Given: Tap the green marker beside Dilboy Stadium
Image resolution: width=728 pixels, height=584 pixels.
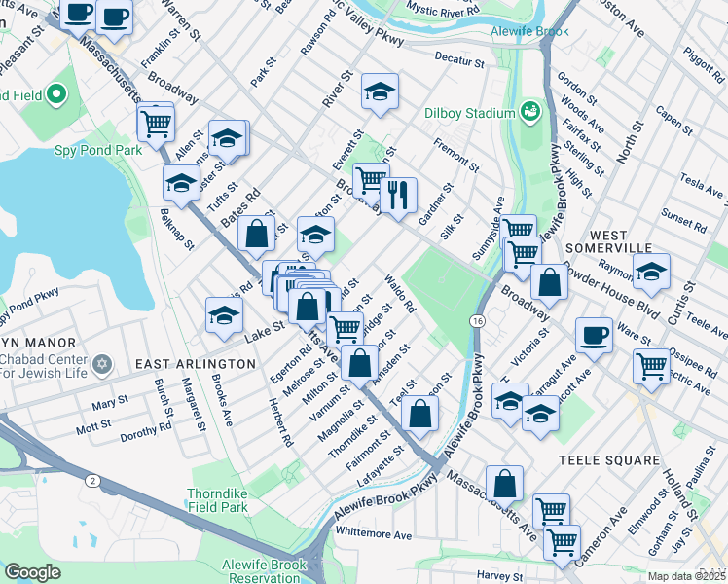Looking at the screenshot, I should click(x=530, y=112).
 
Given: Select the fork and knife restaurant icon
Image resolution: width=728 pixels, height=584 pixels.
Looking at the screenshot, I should click(x=397, y=196).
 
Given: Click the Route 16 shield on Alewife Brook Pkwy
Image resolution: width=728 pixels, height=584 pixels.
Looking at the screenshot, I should click(x=477, y=320).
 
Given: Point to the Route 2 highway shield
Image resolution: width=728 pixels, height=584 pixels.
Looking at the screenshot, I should click(x=91, y=481).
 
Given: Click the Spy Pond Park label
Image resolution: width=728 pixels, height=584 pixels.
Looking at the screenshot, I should click(x=98, y=150).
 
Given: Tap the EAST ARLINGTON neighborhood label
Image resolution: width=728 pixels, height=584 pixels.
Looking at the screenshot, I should click(x=195, y=363).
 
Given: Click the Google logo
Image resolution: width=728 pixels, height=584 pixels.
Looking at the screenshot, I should click(x=32, y=572).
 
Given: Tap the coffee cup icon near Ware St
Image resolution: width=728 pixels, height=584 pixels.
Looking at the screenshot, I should click(x=594, y=336).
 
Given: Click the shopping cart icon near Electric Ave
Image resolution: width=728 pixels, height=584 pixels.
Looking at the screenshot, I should click(x=650, y=367).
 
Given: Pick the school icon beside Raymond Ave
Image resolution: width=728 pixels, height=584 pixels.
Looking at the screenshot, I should click(x=651, y=271).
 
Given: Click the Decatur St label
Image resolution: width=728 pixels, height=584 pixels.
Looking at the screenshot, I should click(x=459, y=60).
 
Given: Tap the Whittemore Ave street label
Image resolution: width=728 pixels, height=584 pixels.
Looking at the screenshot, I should click(x=374, y=533).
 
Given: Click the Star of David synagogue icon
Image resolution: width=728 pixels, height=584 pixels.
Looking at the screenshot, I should click(x=104, y=367).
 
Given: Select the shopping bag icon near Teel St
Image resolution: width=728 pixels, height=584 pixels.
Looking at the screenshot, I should click(x=419, y=413).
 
